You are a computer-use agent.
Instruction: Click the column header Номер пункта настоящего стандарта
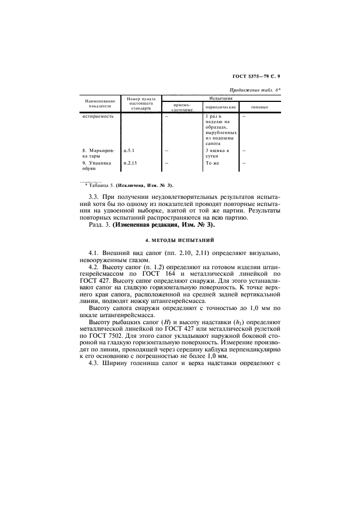pos(141,104)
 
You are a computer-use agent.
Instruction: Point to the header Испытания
pos(222,99)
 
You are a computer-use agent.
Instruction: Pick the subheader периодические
pos(221,107)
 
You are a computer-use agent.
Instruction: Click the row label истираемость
pos(98,117)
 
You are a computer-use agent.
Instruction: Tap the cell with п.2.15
pos(130,162)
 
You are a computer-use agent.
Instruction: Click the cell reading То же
pos(212,162)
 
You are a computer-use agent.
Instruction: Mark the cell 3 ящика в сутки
pos(217,153)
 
